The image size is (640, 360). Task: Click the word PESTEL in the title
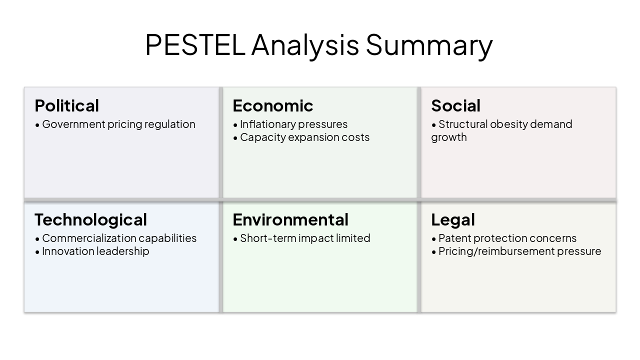point(194,44)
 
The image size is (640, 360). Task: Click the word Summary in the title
point(429,44)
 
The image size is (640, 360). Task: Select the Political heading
point(67,106)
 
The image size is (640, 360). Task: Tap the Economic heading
point(273,106)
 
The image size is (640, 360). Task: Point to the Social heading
point(455,106)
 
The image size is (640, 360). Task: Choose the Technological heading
point(90,220)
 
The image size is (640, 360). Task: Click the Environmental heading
point(290,220)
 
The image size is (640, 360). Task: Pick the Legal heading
point(453,220)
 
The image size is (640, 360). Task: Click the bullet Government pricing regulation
point(118,124)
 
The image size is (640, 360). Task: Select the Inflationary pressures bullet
point(293,124)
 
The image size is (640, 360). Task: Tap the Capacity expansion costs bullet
point(304,137)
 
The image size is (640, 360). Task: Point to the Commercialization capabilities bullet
point(119,238)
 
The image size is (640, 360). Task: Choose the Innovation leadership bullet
point(95,251)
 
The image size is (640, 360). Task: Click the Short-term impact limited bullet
point(305,238)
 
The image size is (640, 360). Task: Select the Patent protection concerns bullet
point(507,238)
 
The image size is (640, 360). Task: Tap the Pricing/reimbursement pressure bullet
point(519,251)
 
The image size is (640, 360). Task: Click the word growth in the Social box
point(449,137)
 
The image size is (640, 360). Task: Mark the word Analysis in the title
point(305,44)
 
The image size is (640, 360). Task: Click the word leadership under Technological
point(121,251)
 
